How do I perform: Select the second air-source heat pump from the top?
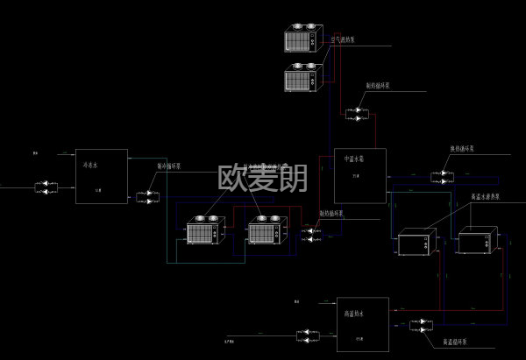tap(303, 78)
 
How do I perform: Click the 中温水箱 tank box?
tap(359, 175)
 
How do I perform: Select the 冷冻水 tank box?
tap(101, 176)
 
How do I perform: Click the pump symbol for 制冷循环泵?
tap(149, 198)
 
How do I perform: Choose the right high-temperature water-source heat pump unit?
tap(478, 240)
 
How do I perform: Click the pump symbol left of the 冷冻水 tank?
tap(47, 187)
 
